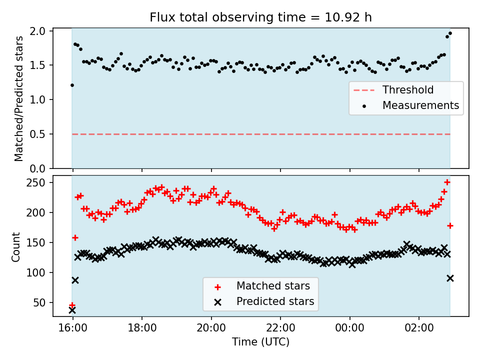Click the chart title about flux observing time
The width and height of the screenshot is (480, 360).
coord(260,17)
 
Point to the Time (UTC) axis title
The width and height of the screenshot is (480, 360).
coord(260,342)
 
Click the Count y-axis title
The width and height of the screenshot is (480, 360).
coord(16,246)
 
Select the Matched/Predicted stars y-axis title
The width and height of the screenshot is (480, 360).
coord(19,98)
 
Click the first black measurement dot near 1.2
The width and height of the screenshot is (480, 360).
coord(72,85)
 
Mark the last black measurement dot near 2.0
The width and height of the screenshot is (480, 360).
coord(450,33)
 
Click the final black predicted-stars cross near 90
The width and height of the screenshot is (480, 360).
coord(450,278)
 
